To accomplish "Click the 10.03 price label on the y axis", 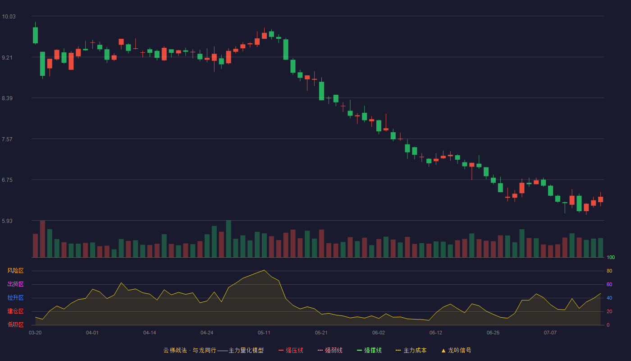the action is (x=9, y=17).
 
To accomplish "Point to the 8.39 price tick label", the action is (x=7, y=98).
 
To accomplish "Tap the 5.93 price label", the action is (x=7, y=221).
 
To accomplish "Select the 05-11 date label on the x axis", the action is (x=264, y=333).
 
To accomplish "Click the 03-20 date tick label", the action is (x=35, y=333).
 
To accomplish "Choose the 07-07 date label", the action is (x=550, y=333).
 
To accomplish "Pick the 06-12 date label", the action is (x=436, y=333).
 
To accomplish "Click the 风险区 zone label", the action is (x=15, y=271).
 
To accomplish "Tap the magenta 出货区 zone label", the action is (x=15, y=284).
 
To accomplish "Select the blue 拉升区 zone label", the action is (x=15, y=297).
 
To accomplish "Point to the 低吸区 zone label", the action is (x=15, y=324).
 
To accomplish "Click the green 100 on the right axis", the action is (x=611, y=257).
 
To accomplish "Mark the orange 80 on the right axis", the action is (x=609, y=271).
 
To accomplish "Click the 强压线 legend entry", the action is (x=291, y=350).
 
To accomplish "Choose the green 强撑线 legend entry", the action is (x=369, y=350).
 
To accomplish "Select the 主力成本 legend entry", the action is (x=411, y=350).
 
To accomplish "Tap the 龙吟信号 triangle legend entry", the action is (x=456, y=350).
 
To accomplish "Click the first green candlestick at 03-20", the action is (x=35, y=35).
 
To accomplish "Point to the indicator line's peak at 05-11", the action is (x=264, y=270).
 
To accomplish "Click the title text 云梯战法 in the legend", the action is (x=175, y=350).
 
